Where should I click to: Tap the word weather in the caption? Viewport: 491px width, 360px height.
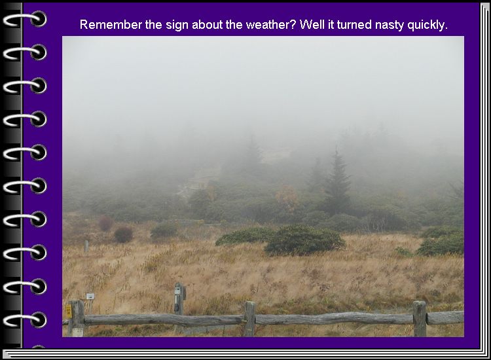click(270, 25)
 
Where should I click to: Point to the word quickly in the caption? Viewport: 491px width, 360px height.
click(427, 25)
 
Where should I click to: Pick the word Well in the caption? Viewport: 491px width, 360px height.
click(311, 25)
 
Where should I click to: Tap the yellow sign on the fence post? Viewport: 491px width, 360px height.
click(69, 311)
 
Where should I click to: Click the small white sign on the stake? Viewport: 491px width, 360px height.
click(90, 296)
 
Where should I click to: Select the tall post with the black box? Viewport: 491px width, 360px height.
click(179, 299)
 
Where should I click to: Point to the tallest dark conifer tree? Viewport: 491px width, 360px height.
click(336, 181)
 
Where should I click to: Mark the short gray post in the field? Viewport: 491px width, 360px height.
click(86, 245)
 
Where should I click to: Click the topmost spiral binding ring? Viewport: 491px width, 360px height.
click(25, 19)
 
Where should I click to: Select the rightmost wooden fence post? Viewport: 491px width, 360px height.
click(420, 318)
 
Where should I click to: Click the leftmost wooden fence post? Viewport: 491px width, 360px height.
click(76, 318)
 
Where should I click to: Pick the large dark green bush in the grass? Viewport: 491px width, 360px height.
click(304, 240)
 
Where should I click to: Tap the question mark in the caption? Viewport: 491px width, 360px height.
click(293, 25)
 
